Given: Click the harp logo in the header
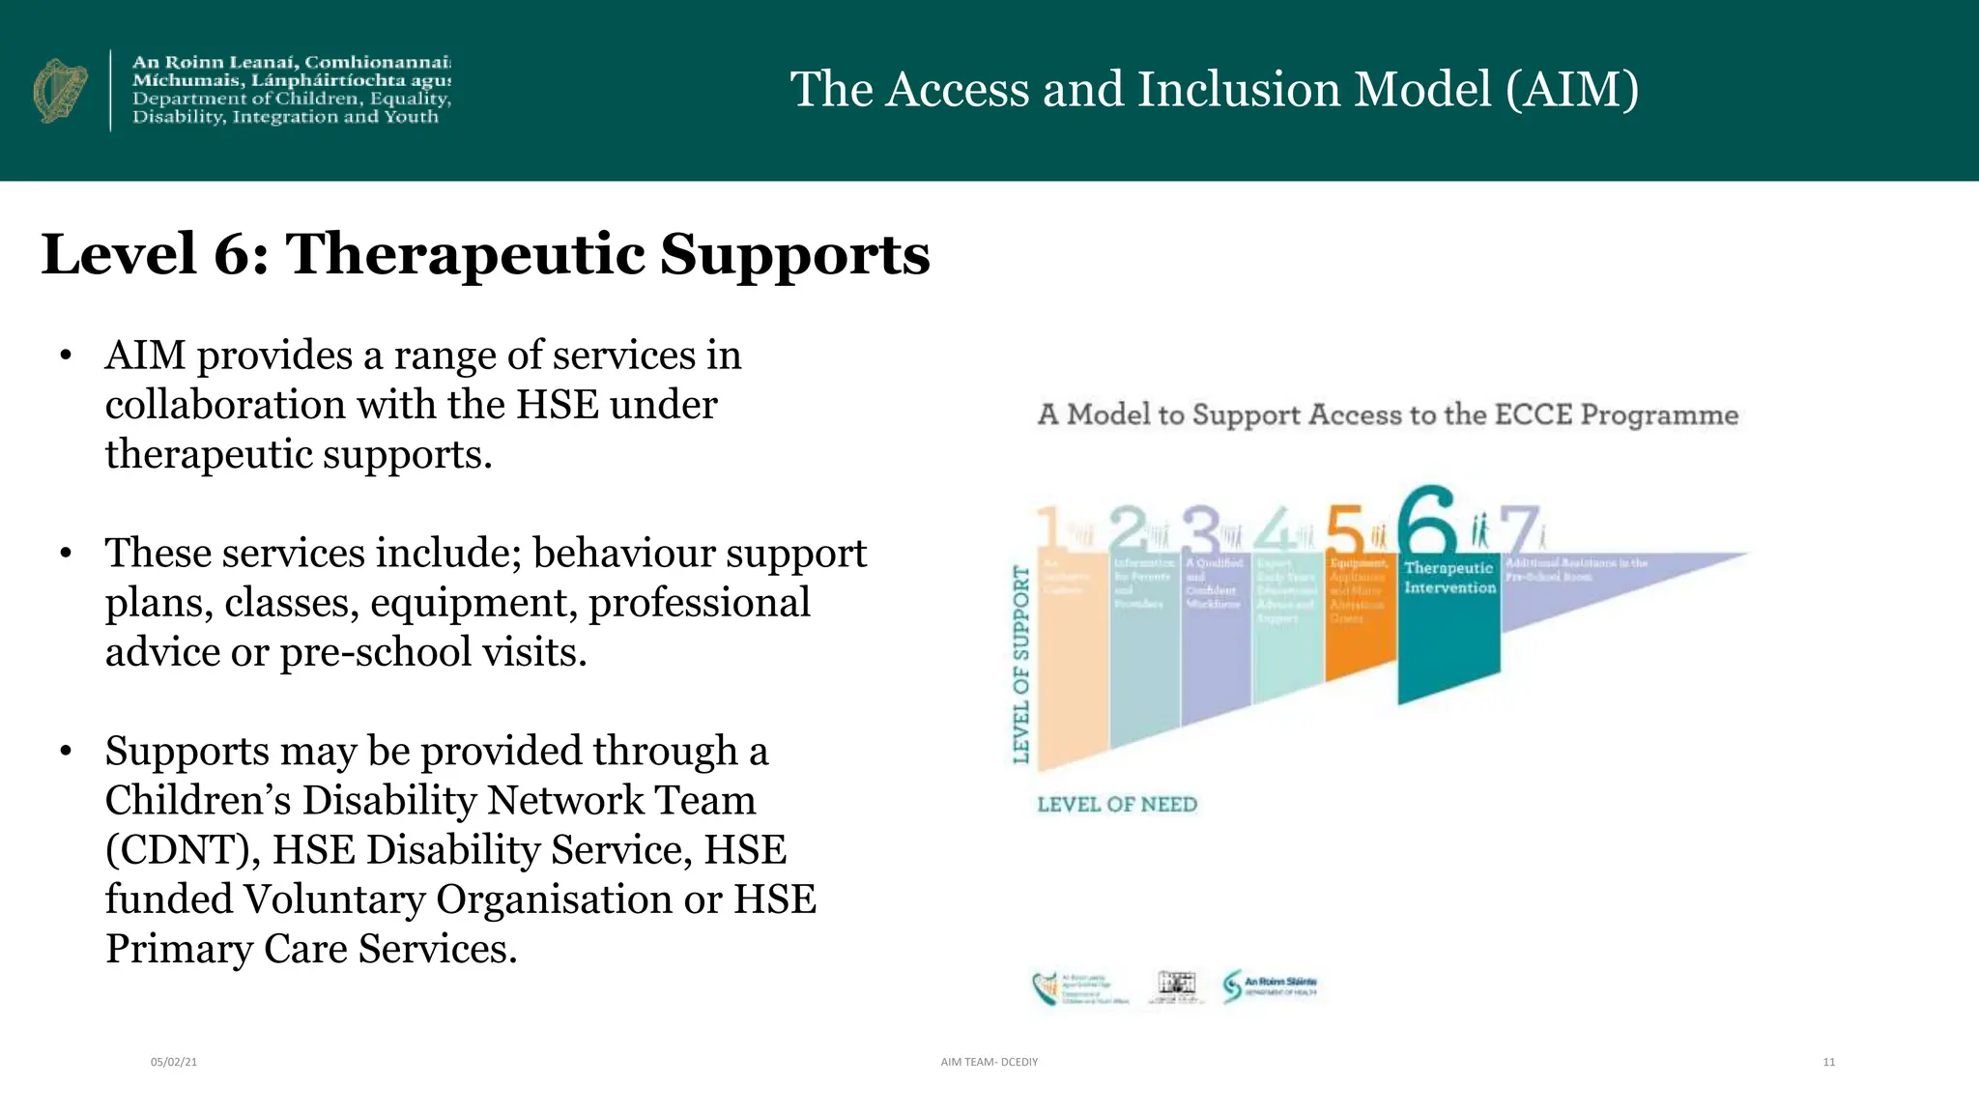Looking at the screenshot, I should click(x=60, y=91).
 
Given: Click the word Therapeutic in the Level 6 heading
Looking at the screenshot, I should click(x=465, y=254).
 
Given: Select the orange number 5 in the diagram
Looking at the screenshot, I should click(x=1344, y=529).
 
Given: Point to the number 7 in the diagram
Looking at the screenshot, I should click(x=1518, y=529).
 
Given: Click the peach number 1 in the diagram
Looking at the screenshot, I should click(x=1049, y=529).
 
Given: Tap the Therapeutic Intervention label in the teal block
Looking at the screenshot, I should click(x=1449, y=578).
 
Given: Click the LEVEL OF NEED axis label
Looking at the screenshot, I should click(x=1117, y=805).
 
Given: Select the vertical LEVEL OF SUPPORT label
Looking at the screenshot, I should click(x=1021, y=664).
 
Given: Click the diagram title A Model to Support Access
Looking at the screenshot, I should click(x=1388, y=415).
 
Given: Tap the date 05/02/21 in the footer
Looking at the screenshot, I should click(x=174, y=1062).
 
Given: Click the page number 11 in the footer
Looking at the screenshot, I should click(x=1828, y=1062).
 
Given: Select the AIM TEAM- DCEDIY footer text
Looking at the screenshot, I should click(x=989, y=1062).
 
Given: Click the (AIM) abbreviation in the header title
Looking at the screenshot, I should click(x=1571, y=90).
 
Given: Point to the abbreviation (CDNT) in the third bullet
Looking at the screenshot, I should click(x=183, y=850).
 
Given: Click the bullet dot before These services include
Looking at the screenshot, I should click(x=66, y=554).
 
